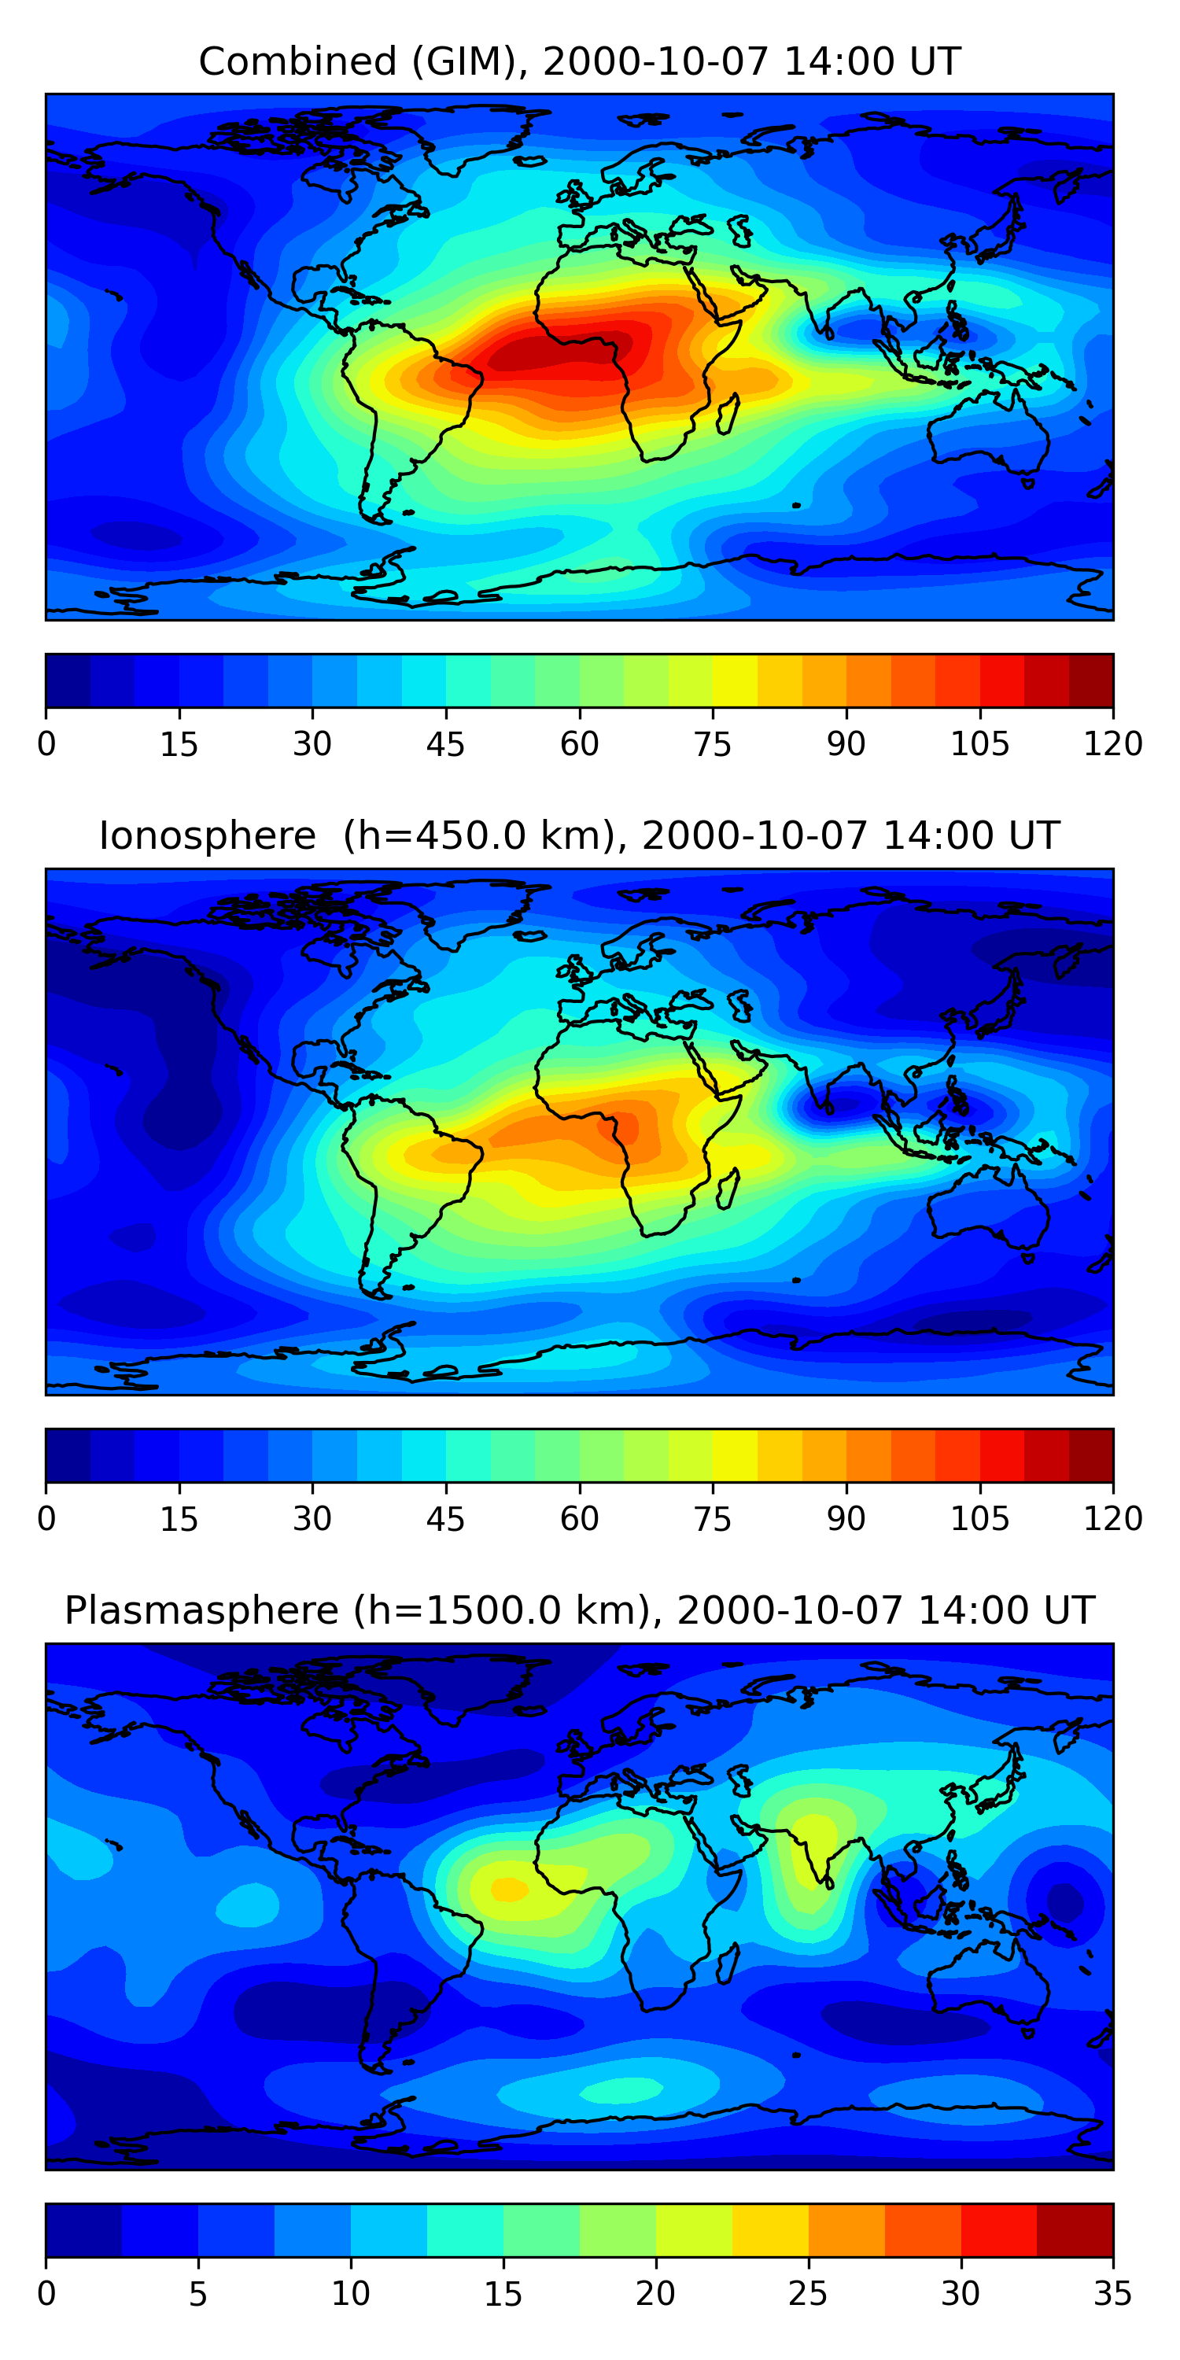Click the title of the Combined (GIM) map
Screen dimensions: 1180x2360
coord(579,61)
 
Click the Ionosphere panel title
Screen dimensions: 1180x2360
coord(579,835)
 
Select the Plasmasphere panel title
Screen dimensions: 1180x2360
coord(579,1610)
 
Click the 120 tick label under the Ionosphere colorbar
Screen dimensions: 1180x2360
coord(1113,1518)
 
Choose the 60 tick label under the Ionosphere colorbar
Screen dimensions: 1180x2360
coord(579,1518)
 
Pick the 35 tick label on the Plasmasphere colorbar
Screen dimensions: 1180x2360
coord(1113,2292)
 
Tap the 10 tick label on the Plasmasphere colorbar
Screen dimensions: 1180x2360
coord(351,2292)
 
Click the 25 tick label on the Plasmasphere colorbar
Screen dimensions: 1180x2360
coord(808,2292)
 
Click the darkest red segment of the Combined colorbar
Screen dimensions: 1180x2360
coord(1091,680)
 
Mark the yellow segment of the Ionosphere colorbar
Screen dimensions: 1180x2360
coord(735,1455)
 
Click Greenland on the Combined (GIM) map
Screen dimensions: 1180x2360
coord(477,138)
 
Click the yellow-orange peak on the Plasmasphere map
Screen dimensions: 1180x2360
coord(510,1888)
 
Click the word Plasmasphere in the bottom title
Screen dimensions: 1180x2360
coord(201,1610)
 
